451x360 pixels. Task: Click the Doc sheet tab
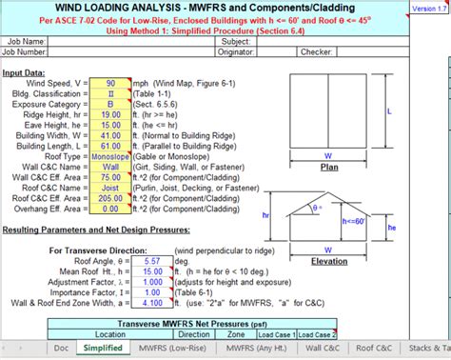click(x=62, y=349)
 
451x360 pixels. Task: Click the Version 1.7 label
click(x=430, y=8)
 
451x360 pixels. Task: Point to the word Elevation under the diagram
click(x=328, y=259)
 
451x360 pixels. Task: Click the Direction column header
click(x=195, y=334)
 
